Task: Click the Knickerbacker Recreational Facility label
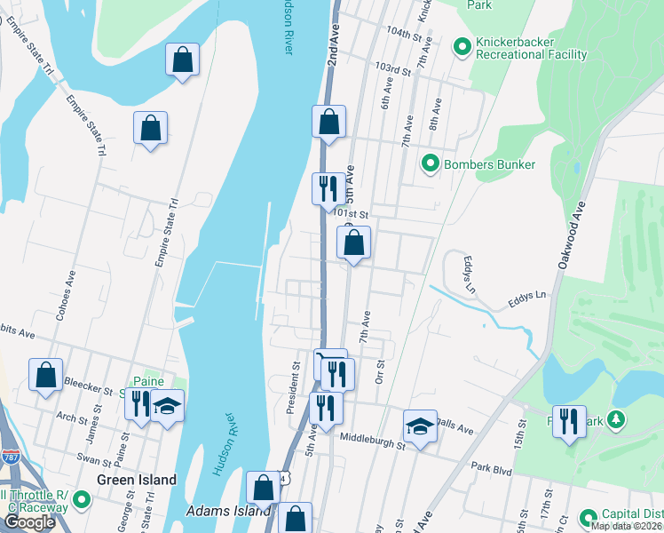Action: click(x=531, y=48)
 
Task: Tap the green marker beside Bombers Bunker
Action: click(x=431, y=163)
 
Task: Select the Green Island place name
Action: click(x=137, y=480)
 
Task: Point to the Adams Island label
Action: click(x=228, y=512)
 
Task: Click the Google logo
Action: click(x=29, y=522)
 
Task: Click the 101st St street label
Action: click(x=351, y=213)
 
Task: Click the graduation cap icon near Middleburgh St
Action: click(x=420, y=426)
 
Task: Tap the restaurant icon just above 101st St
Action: click(x=328, y=187)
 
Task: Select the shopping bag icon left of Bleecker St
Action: click(x=45, y=374)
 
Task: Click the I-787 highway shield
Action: click(x=11, y=457)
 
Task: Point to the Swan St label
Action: click(x=93, y=459)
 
